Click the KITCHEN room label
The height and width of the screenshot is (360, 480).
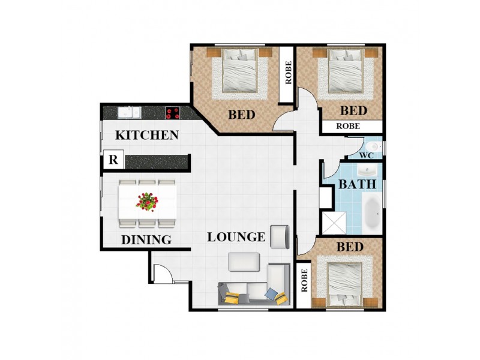[147, 135]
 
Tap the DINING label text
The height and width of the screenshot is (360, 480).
[146, 239]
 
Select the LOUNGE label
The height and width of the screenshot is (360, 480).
[236, 237]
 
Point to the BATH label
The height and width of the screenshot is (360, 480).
[357, 184]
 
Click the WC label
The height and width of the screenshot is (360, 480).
[367, 155]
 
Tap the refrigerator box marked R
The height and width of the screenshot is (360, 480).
[113, 160]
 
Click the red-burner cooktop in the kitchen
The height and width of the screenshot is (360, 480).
[173, 113]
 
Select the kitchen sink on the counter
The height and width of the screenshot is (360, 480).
[130, 112]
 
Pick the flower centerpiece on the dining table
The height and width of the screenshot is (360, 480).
[147, 202]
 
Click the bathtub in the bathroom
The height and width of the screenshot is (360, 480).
[373, 213]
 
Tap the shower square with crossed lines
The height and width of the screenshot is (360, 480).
[334, 223]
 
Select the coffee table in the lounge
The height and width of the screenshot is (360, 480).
[244, 262]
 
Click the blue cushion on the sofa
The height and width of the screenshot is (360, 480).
[271, 293]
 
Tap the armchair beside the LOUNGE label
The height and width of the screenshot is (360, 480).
[280, 236]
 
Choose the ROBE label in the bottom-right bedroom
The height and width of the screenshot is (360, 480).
[304, 280]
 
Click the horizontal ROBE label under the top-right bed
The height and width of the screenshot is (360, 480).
[348, 126]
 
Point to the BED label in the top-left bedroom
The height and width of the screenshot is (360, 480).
[242, 115]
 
